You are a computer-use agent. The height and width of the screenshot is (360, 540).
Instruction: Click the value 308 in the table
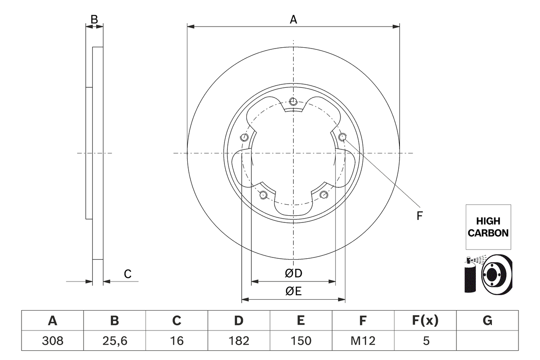pyautogui.click(x=52, y=341)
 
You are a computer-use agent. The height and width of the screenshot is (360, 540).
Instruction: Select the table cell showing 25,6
pyautogui.click(x=114, y=341)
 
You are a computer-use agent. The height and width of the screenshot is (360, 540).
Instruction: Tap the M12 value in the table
pyautogui.click(x=363, y=341)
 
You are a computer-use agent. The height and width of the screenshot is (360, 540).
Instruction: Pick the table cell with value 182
pyautogui.click(x=239, y=341)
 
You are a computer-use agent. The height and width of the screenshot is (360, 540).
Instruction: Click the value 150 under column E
pyautogui.click(x=300, y=341)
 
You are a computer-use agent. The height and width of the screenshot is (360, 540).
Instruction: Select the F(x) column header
pyautogui.click(x=425, y=321)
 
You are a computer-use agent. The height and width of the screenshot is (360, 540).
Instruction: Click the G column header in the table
pyautogui.click(x=487, y=321)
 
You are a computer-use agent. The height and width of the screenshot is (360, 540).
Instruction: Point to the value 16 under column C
pyautogui.click(x=176, y=341)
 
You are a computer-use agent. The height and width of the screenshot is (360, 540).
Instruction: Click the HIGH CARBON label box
pyautogui.click(x=488, y=227)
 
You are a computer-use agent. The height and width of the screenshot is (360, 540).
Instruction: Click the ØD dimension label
pyautogui.click(x=294, y=273)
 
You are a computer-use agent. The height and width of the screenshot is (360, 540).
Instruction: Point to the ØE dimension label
pyautogui.click(x=294, y=291)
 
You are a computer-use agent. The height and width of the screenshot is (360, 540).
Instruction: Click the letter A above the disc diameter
pyautogui.click(x=293, y=19)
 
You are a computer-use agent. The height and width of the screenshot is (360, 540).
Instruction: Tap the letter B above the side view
pyautogui.click(x=94, y=19)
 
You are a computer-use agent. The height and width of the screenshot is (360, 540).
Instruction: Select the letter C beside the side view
pyautogui.click(x=128, y=274)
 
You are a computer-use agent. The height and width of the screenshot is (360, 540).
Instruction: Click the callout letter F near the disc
pyautogui.click(x=419, y=216)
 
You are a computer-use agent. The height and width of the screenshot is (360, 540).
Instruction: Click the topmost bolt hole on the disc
pyautogui.click(x=294, y=101)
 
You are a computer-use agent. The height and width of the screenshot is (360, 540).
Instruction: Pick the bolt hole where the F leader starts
pyautogui.click(x=342, y=137)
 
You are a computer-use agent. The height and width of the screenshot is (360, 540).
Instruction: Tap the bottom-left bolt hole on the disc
pyautogui.click(x=263, y=195)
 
